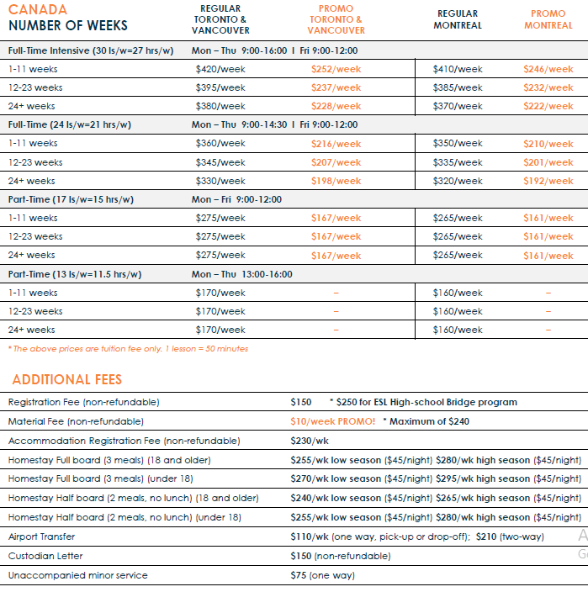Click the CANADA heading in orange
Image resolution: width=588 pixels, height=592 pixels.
[x=38, y=9]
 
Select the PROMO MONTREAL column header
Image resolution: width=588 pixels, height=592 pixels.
[x=548, y=19]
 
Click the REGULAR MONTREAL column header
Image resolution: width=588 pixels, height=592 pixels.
[x=458, y=19]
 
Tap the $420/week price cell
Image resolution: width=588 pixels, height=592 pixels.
[x=220, y=69]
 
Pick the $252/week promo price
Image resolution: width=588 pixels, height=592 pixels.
[x=336, y=69]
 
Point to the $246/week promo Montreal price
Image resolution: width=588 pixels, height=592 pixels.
[x=548, y=69]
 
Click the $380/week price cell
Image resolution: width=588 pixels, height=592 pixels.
[x=220, y=106]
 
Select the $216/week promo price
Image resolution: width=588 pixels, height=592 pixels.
[x=336, y=144]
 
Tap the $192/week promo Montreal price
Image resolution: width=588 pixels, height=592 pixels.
[x=548, y=181]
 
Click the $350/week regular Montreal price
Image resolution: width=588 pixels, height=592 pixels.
[x=458, y=144]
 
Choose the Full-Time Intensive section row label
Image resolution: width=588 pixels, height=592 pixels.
[x=91, y=50]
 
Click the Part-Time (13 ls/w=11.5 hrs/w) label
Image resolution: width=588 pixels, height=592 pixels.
[x=75, y=274]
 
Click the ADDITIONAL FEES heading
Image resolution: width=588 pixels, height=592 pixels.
[x=67, y=379]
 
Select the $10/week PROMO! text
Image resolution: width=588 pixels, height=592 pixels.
[x=333, y=421]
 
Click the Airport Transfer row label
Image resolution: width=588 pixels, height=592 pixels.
[x=41, y=536]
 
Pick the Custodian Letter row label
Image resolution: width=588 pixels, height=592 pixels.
[x=45, y=556]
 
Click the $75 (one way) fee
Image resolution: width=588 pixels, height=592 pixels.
[x=322, y=575]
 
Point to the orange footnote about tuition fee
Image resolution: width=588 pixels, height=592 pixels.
[x=128, y=348]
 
